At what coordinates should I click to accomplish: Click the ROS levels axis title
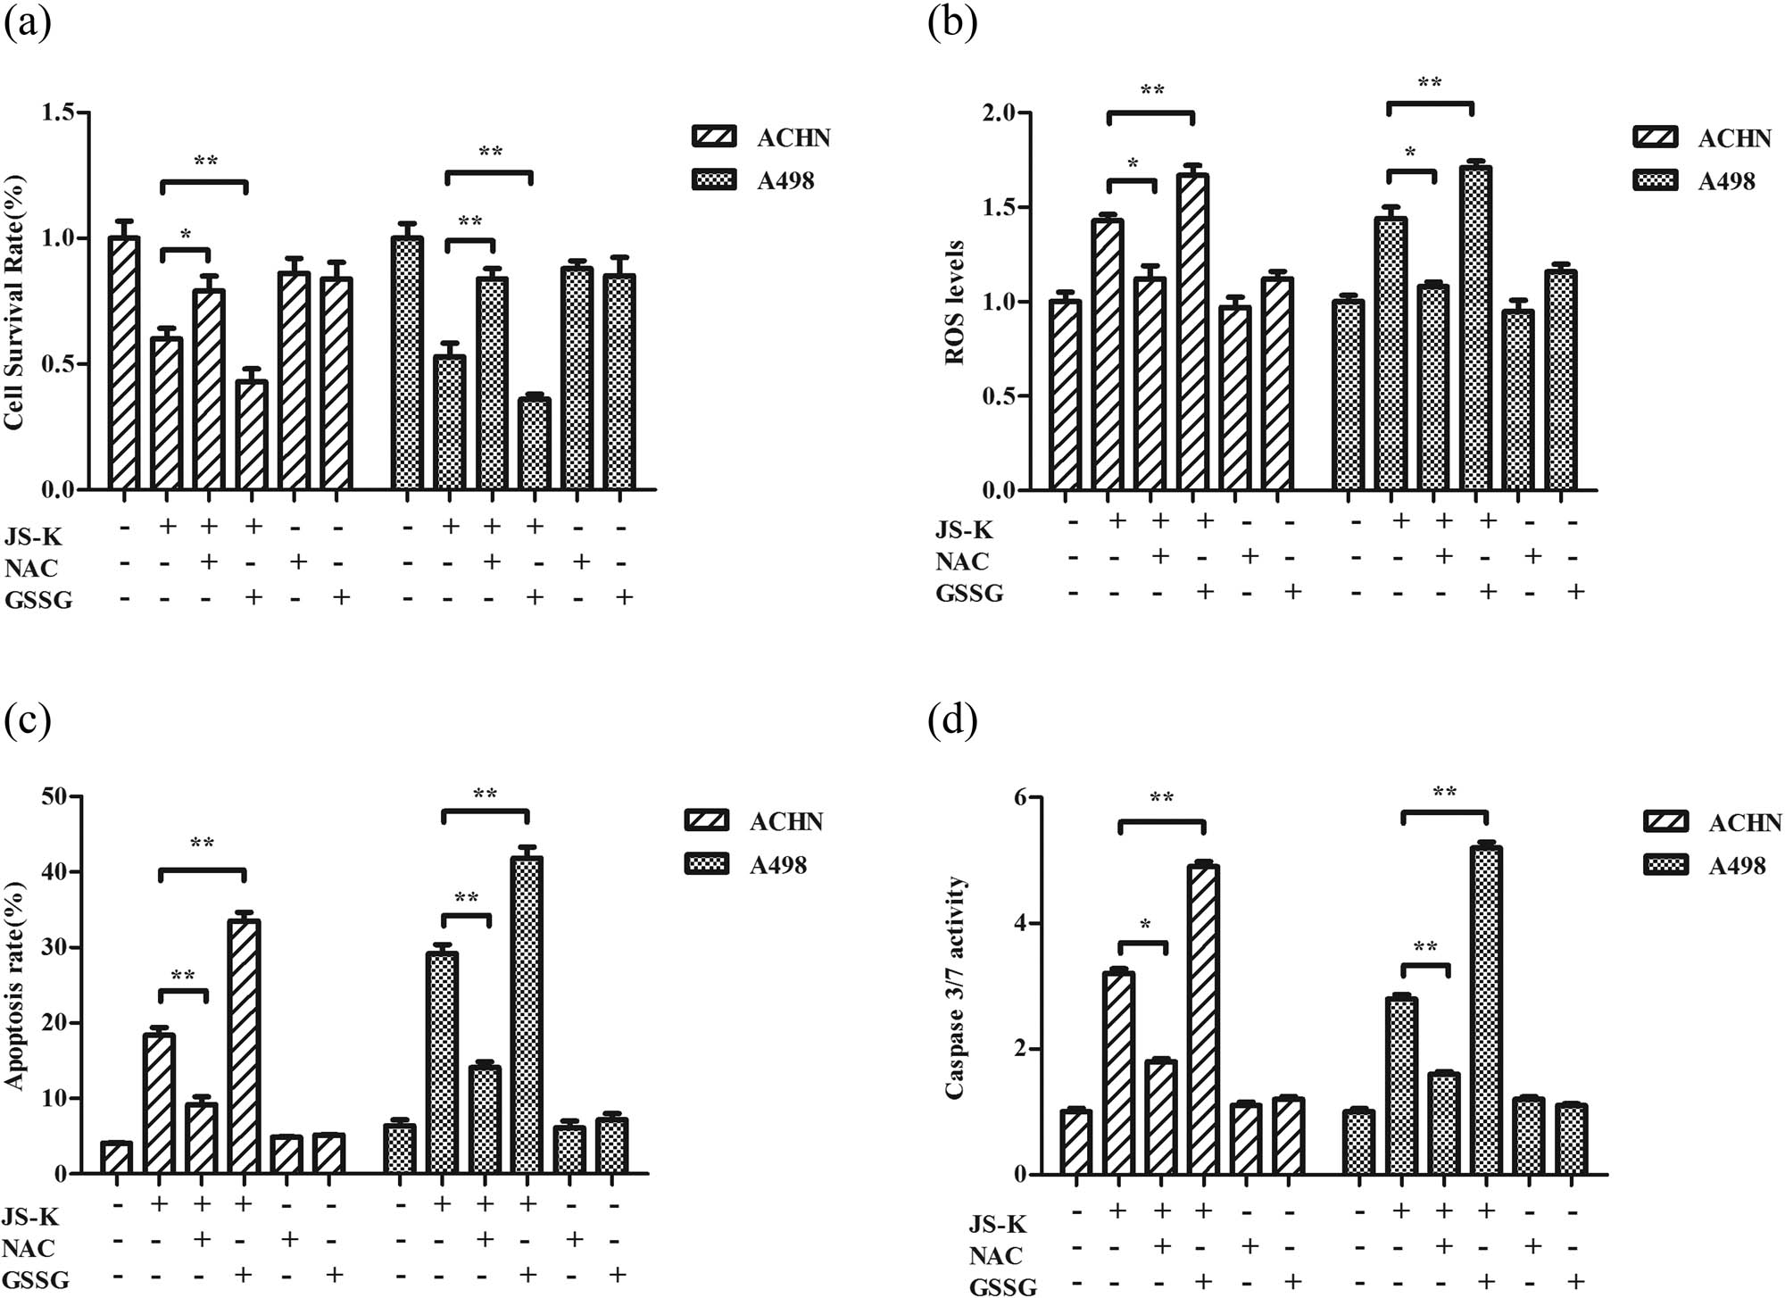[x=955, y=302]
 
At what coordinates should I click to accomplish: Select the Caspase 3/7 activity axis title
[x=955, y=986]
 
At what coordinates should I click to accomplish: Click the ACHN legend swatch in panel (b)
[x=1655, y=138]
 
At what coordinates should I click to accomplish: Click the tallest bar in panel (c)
[x=527, y=1013]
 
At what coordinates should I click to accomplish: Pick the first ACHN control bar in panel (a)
[x=124, y=362]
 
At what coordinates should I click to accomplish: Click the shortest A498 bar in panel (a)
[x=534, y=443]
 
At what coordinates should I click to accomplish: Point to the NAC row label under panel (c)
[x=29, y=1247]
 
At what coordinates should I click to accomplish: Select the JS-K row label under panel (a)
[x=34, y=537]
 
